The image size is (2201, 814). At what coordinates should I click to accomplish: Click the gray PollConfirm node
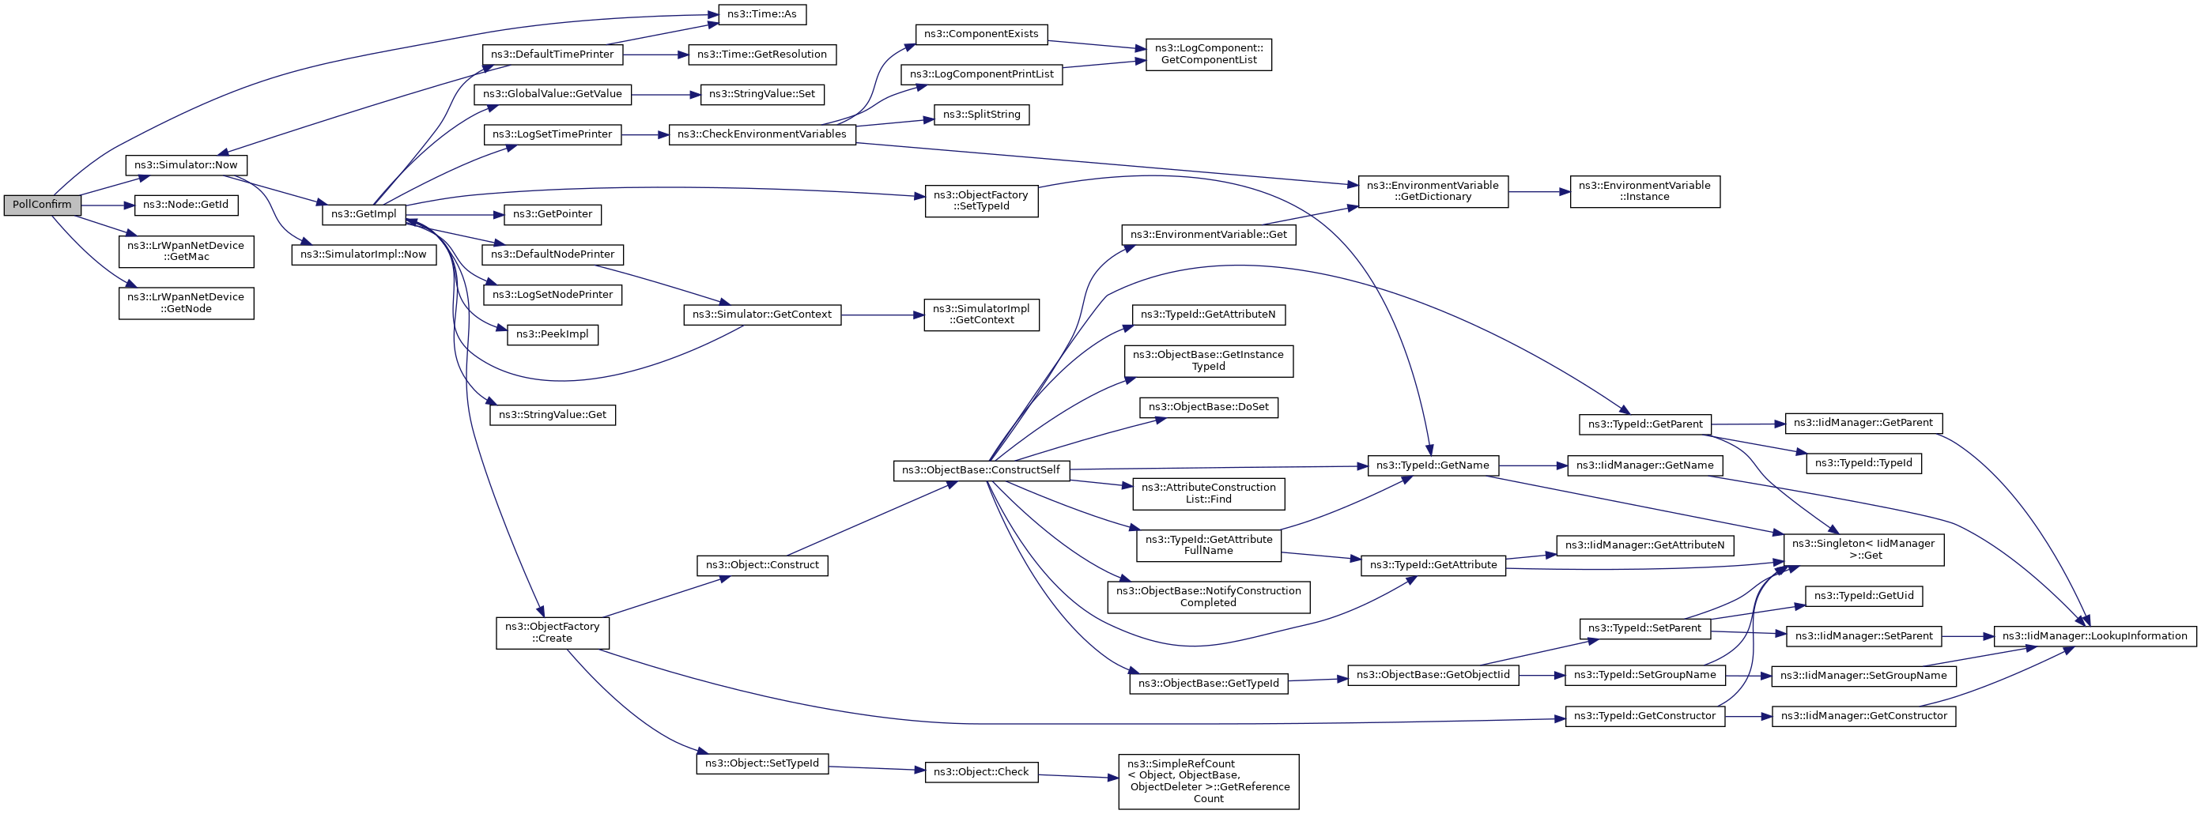pos(42,205)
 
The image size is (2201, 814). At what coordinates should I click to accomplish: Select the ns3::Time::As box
pos(761,14)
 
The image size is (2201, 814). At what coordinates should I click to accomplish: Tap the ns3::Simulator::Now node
pos(186,165)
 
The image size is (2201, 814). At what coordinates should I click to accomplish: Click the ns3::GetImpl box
pos(363,214)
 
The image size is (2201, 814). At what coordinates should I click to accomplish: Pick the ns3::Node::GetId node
pos(186,205)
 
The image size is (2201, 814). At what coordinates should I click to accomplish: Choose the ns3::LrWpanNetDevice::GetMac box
pos(187,251)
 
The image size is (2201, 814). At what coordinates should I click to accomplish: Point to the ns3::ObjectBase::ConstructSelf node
pos(981,469)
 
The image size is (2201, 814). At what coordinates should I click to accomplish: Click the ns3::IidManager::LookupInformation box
pos(2094,636)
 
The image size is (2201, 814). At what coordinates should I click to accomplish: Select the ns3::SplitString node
pos(981,115)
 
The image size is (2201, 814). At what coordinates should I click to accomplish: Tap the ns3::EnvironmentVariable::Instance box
pos(1644,191)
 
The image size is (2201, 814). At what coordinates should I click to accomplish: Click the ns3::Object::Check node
pos(981,772)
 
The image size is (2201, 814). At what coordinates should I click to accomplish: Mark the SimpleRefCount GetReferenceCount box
pos(1208,782)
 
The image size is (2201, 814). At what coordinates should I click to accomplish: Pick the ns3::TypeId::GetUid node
pos(1863,596)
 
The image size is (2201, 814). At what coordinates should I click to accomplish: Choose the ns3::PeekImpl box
pos(552,335)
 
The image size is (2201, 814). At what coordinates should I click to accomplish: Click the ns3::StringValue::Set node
pos(761,94)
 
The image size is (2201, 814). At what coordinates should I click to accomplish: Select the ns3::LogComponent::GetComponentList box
pos(1208,55)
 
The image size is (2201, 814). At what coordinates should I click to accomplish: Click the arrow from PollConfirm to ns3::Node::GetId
pos(108,205)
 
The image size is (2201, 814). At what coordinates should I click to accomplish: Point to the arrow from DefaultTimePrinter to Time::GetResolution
pos(656,55)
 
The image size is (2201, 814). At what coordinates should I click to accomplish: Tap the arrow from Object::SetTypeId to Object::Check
pos(877,769)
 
